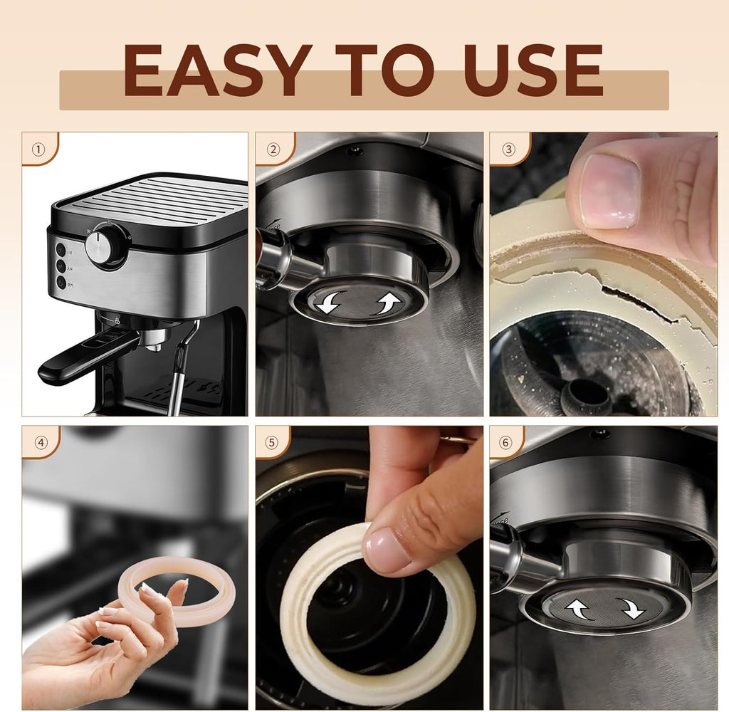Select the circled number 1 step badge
[38, 150]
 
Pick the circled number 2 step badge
[273, 150]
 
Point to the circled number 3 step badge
[509, 150]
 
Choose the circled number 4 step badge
[41, 442]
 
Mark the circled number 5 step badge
[273, 442]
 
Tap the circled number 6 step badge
[506, 442]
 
